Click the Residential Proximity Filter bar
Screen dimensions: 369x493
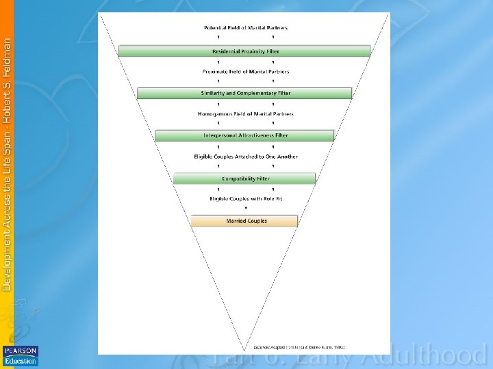244,51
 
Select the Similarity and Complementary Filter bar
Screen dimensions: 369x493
244,93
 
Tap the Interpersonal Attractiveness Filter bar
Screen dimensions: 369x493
244,135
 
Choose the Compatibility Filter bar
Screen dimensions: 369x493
244,178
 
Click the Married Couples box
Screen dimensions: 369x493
244,221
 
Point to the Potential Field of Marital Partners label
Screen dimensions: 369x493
246,28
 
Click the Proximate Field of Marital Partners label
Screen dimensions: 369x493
246,72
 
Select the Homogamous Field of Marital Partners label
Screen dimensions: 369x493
246,114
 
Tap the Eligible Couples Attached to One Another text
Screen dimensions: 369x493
246,156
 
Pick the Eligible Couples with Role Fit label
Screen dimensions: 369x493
246,199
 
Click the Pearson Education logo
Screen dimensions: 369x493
21,355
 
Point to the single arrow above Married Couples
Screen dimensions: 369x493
246,208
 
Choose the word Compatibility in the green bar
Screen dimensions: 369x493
236,178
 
